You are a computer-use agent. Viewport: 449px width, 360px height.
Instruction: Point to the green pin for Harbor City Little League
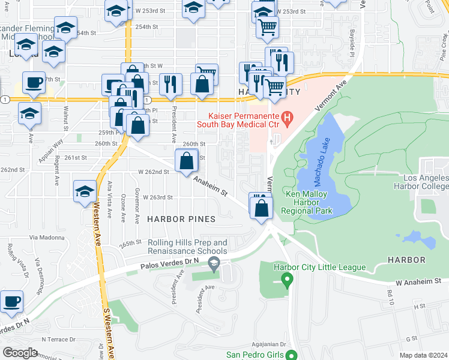pos(287,279)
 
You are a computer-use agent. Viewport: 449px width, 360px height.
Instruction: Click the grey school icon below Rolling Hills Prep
pos(213,263)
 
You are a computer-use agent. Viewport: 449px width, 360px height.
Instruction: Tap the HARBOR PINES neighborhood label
pos(181,219)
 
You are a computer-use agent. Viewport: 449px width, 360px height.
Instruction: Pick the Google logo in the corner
pos(20,352)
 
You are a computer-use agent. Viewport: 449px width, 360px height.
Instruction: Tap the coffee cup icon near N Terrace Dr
pos(11,302)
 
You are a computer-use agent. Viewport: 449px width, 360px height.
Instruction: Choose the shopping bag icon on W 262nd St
pos(187,161)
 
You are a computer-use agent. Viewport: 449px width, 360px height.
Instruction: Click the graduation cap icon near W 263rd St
pos(85,191)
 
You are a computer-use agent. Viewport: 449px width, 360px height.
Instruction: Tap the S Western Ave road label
pos(110,333)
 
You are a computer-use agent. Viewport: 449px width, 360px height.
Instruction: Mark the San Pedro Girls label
pos(262,354)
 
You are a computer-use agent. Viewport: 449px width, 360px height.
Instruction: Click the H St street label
pos(419,306)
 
